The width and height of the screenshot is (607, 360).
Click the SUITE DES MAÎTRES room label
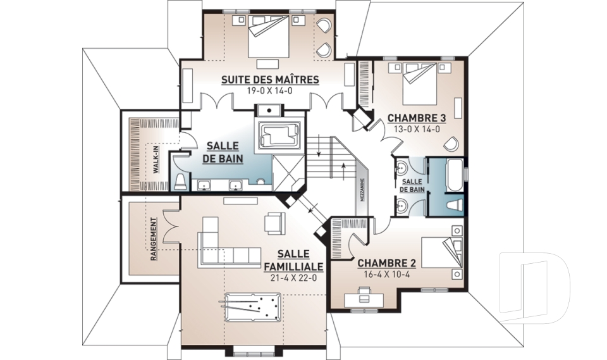click(270, 80)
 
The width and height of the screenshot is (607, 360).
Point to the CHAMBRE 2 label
click(386, 263)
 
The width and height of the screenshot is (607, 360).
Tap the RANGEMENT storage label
click(154, 239)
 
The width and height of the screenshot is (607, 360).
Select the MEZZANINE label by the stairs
click(362, 190)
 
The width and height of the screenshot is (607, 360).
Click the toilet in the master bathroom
click(180, 182)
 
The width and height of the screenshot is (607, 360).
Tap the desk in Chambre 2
click(364, 298)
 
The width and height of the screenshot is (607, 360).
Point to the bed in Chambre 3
click(420, 83)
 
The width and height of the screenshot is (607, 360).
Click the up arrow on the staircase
click(343, 170)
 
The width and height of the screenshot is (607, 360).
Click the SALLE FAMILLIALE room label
click(293, 261)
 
